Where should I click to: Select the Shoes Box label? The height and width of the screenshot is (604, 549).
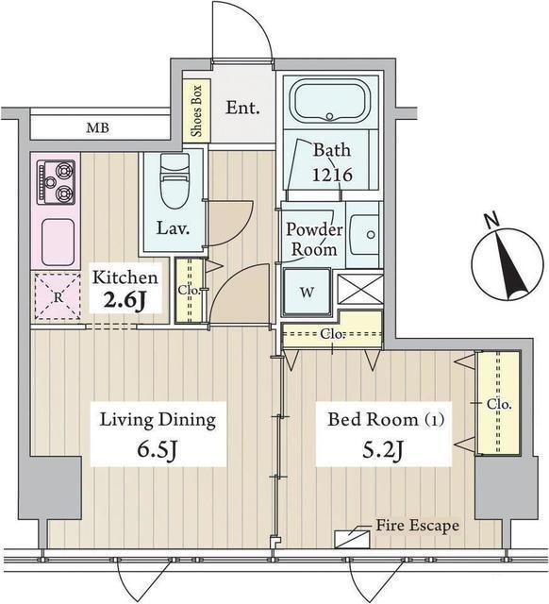[196, 112]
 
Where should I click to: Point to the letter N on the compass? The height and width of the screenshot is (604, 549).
[491, 220]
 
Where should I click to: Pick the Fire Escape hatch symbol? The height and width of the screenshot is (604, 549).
[352, 536]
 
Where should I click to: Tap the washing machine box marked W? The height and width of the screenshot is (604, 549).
[308, 292]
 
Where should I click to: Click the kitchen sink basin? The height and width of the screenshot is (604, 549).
[58, 241]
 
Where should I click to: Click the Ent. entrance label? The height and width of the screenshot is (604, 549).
[242, 107]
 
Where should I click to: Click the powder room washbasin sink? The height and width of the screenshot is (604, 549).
[363, 233]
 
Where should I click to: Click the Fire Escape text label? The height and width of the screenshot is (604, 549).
[417, 524]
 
